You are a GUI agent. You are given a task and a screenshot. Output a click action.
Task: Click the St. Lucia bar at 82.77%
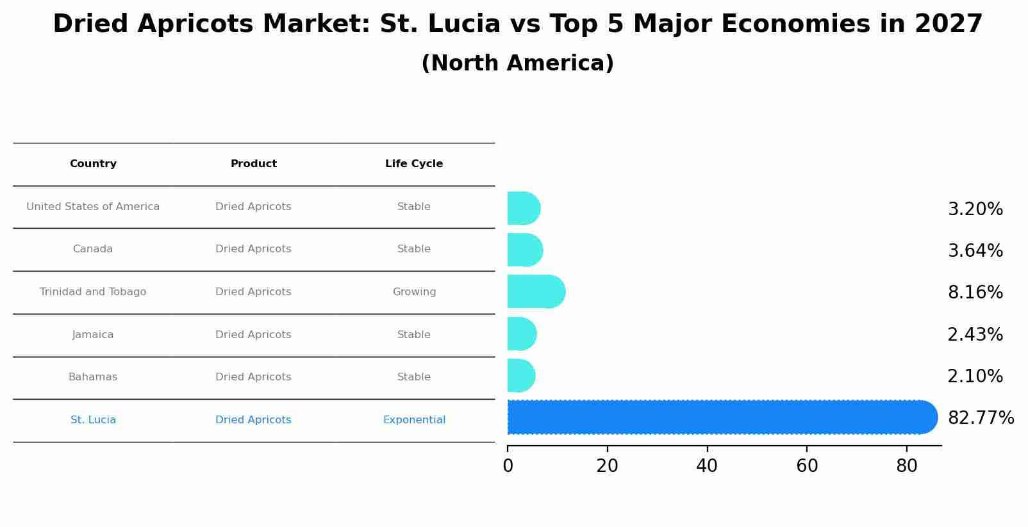[718, 418]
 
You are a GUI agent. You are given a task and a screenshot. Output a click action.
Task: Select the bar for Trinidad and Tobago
[536, 292]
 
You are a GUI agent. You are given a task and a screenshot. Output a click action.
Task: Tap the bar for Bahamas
[521, 376]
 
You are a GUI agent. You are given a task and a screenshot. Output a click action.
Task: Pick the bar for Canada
[525, 250]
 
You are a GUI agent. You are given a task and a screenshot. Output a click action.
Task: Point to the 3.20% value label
[975, 209]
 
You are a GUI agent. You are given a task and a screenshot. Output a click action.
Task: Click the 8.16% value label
[975, 293]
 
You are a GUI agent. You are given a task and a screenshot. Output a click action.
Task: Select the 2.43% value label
[975, 335]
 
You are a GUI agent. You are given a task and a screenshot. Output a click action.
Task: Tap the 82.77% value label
[981, 418]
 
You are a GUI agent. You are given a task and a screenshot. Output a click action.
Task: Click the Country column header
[93, 164]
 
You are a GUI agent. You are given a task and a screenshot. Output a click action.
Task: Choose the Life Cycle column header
[414, 164]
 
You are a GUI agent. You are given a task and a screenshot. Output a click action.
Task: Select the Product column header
[254, 164]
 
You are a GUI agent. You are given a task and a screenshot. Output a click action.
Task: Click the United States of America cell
[93, 207]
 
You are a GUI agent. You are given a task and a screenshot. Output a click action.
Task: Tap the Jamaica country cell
[93, 335]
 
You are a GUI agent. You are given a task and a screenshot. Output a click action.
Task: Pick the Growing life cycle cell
[414, 292]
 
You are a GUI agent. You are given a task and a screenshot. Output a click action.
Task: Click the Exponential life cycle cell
[414, 420]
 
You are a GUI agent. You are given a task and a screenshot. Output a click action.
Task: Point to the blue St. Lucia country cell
[93, 420]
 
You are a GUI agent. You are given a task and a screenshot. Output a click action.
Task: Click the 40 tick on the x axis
[707, 466]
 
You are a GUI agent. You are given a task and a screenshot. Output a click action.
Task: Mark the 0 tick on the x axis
[508, 466]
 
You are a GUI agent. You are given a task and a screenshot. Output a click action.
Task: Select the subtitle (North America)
[517, 63]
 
